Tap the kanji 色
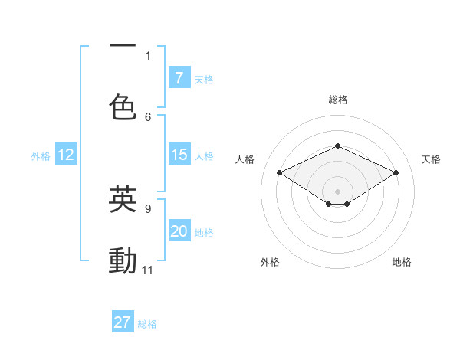pyautogui.click(x=123, y=106)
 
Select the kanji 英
pyautogui.click(x=123, y=198)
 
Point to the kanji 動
pyautogui.click(x=123, y=260)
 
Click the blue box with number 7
pyautogui.click(x=179, y=77)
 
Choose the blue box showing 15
pyautogui.click(x=179, y=155)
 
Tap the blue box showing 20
pyautogui.click(x=179, y=231)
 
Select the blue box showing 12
pyautogui.click(x=66, y=155)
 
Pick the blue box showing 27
pyautogui.click(x=123, y=322)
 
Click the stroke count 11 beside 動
pyautogui.click(x=148, y=270)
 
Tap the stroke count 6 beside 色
pyautogui.click(x=148, y=116)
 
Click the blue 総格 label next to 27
pyautogui.click(x=147, y=324)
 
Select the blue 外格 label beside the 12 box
pyautogui.click(x=41, y=155)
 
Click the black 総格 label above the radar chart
pyautogui.click(x=338, y=100)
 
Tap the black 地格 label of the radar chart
pyautogui.click(x=402, y=262)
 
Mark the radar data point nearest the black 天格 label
pyautogui.click(x=396, y=172)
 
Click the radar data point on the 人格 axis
pyautogui.click(x=280, y=172)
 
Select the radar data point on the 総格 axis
pyautogui.click(x=337, y=146)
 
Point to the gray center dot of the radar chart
pyautogui.click(x=337, y=190)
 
